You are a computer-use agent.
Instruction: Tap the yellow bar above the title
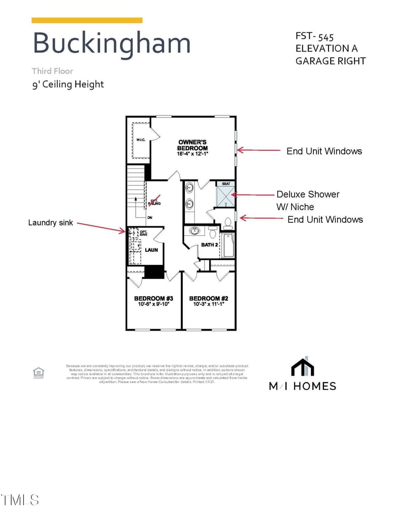87,20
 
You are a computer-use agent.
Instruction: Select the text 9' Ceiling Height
68,84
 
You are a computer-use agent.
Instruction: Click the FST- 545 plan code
314,36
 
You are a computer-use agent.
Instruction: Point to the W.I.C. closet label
140,139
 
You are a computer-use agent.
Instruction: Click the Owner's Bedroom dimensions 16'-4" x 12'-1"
193,153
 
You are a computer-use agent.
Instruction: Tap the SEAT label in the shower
225,184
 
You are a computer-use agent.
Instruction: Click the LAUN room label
151,250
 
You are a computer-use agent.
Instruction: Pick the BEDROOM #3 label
153,298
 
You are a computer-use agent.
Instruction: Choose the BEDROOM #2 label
208,298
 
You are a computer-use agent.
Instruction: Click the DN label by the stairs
149,218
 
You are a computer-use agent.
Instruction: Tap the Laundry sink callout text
51,222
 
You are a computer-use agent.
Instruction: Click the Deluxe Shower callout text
308,194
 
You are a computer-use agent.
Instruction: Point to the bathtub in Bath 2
228,245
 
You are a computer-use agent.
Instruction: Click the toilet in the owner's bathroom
227,221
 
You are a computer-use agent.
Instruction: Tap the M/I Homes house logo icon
302,367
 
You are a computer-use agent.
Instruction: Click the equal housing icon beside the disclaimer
38,373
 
